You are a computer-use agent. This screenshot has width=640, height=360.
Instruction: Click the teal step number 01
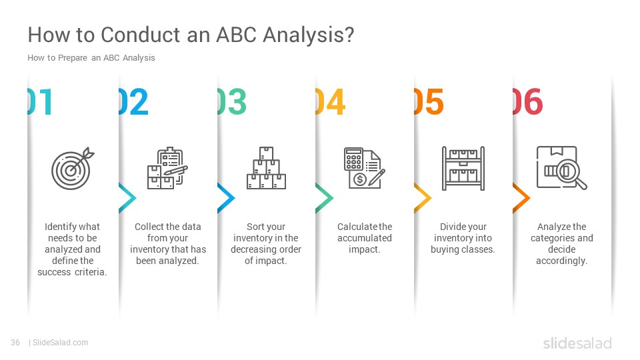(40, 101)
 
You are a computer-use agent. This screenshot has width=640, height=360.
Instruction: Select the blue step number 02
(133, 101)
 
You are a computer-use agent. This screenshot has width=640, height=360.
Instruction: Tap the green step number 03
(232, 101)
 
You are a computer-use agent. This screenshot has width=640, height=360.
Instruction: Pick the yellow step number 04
(331, 101)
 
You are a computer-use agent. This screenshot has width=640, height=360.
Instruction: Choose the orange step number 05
(429, 101)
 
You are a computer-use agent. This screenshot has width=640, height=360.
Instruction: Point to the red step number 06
(528, 101)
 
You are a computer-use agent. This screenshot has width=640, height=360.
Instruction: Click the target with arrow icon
(73, 168)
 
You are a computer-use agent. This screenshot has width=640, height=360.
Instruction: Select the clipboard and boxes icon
(167, 168)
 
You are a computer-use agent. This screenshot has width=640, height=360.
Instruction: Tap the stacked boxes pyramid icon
(266, 168)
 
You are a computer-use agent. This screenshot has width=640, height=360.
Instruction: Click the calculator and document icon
(365, 168)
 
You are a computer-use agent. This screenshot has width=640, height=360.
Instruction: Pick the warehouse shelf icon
(463, 168)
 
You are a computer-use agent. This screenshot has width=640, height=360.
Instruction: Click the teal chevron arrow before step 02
(127, 199)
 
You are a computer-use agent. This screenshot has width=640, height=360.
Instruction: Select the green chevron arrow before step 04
(324, 199)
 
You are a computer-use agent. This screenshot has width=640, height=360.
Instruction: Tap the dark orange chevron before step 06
(521, 199)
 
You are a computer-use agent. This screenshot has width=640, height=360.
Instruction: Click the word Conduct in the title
(141, 35)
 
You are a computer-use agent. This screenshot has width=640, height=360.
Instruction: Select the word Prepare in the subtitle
(73, 58)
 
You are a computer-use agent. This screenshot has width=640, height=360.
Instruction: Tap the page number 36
(15, 343)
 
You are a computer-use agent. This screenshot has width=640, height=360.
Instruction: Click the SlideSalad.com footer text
(61, 343)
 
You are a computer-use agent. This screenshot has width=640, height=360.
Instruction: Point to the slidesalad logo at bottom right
(577, 343)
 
